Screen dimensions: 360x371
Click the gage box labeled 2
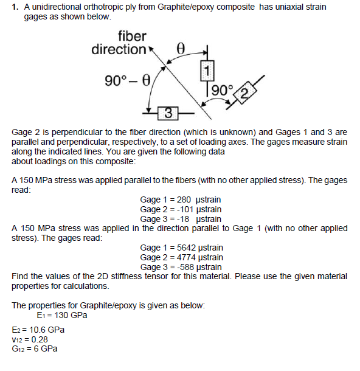click(245, 92)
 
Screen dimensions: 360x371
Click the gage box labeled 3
click(168, 113)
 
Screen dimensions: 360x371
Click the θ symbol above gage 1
click(179, 47)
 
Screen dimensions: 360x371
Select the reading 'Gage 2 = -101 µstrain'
click(181, 209)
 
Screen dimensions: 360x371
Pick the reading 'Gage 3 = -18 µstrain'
click(181, 219)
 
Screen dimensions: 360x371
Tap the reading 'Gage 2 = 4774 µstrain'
click(181, 257)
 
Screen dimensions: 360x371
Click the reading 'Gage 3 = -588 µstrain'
click(181, 267)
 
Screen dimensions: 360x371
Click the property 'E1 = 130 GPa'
click(62, 316)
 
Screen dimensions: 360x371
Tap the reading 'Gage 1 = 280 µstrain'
click(181, 199)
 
